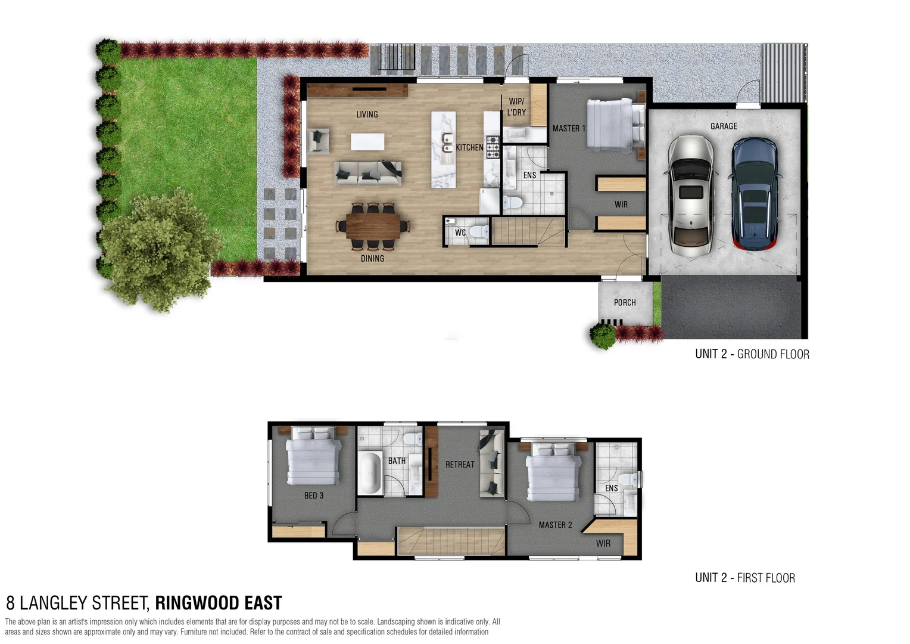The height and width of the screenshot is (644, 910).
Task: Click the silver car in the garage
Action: pos(690,196)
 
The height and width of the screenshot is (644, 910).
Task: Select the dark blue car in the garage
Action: pos(755,193)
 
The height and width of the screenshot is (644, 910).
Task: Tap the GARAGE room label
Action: pos(724,126)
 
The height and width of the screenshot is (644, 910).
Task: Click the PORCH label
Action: pos(625,303)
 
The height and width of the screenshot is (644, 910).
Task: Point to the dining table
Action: pos(373,226)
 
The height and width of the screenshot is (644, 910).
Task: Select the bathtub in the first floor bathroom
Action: pos(370,473)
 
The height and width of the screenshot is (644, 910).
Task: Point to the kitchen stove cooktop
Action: pos(493,147)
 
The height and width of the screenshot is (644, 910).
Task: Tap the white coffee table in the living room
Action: pos(367,142)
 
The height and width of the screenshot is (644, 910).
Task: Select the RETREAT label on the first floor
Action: pos(460,465)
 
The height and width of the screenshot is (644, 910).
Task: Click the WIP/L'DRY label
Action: pos(516,107)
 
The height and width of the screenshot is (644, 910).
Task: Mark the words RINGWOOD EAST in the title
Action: pos(219,603)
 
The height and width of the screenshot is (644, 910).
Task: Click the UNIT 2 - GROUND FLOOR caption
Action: pos(752,354)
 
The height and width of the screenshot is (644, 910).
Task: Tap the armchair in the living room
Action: pos(319,141)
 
